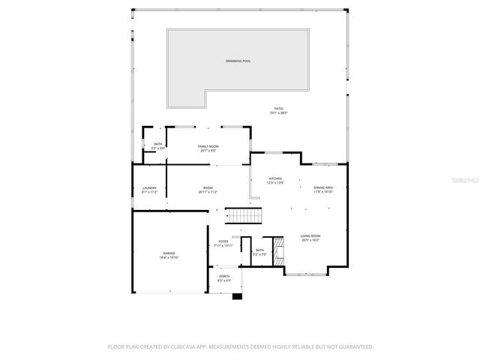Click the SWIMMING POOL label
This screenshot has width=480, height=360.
tap(238, 60)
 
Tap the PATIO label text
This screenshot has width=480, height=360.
tap(278, 109)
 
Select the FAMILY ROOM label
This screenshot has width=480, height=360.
tap(208, 146)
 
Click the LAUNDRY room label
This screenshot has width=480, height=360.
tap(148, 187)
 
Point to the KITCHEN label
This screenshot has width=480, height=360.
tap(275, 178)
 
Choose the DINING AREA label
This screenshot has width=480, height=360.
tap(323, 187)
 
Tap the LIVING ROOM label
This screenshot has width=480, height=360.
tap(310, 235)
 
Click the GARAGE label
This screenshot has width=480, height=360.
tap(169, 253)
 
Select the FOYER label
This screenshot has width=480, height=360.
tap(223, 241)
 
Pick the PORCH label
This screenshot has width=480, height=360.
tap(224, 276)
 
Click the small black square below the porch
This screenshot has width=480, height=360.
tap(238, 296)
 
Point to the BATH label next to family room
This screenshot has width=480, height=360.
tap(157, 144)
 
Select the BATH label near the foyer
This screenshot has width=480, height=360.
tap(259, 250)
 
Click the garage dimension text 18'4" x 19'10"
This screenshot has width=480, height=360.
tap(169, 257)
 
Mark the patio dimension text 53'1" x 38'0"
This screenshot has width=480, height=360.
tap(278, 113)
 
